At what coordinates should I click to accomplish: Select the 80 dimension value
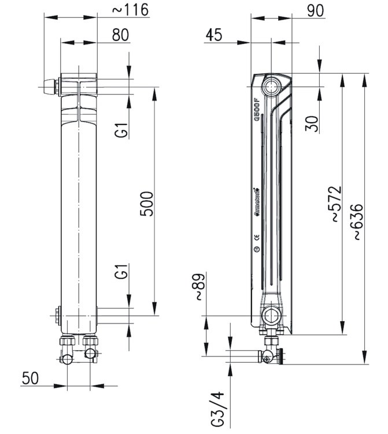tap(120, 35)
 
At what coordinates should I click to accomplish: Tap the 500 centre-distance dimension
tap(149, 203)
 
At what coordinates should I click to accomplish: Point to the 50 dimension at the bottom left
tap(31, 378)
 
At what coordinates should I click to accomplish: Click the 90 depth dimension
tap(315, 10)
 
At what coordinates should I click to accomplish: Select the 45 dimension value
tap(213, 35)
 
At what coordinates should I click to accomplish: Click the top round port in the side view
tap(271, 87)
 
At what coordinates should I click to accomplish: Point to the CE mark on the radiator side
tap(257, 236)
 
